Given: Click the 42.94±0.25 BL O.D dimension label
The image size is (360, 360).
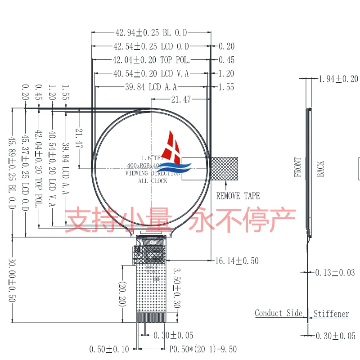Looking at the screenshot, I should [151, 32].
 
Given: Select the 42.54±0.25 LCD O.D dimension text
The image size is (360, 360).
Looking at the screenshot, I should [151, 46].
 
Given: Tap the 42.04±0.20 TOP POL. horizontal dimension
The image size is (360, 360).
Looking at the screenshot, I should [151, 60].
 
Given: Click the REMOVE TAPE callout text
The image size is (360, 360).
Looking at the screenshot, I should [238, 196].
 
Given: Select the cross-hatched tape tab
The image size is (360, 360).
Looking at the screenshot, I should [224, 168].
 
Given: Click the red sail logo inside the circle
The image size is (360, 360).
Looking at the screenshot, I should [175, 147].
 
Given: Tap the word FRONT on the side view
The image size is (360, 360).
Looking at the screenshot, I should [298, 167].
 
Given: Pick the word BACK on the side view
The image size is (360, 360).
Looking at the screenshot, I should [320, 168].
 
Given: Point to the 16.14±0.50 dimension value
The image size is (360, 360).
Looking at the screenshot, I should [237, 261].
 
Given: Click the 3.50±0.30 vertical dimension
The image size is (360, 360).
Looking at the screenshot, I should [177, 288].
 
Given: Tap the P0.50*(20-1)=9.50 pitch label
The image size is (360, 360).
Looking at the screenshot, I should [202, 349].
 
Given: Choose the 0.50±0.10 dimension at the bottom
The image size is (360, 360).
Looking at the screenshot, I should [109, 349].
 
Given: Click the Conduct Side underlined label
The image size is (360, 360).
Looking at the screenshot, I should [279, 313].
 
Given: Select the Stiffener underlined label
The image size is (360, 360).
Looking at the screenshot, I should [331, 314].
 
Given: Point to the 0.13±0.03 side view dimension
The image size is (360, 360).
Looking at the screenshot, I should [335, 272].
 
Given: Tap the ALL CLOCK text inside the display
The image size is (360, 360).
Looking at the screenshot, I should [153, 181].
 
